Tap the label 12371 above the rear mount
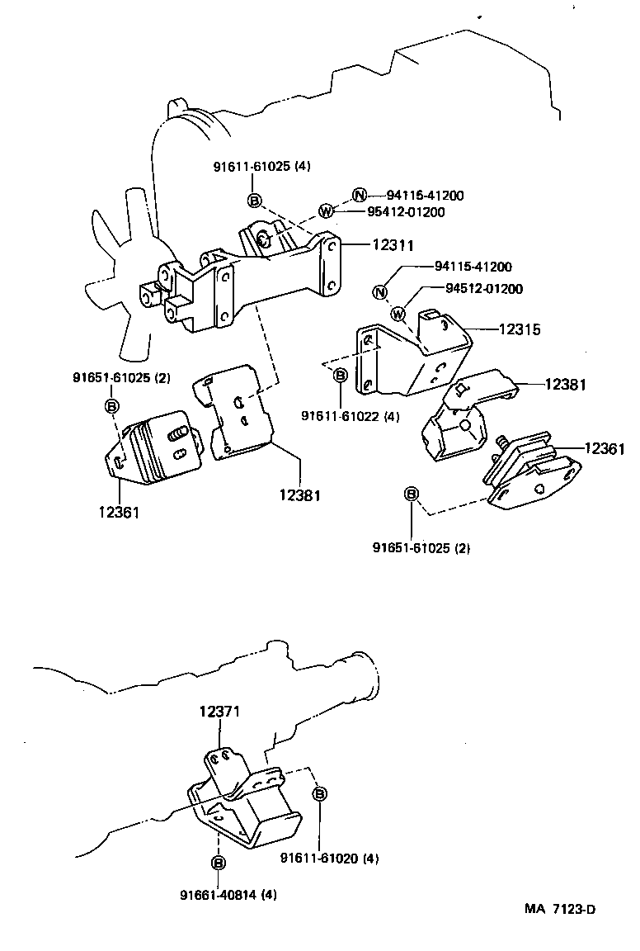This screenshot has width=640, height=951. (220, 711)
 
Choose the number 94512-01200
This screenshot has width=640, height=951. (483, 289)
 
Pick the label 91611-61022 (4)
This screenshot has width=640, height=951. (350, 416)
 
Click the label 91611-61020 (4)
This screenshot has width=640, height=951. (329, 859)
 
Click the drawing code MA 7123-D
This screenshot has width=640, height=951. (560, 910)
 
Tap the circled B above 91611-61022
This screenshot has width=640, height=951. (340, 376)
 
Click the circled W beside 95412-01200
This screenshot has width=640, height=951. (326, 212)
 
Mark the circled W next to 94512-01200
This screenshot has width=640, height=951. (398, 313)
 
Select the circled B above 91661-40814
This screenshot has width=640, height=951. (218, 863)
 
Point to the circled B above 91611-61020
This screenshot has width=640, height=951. (320, 793)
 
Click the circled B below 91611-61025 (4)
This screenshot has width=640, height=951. (255, 200)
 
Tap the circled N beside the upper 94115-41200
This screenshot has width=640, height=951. (359, 196)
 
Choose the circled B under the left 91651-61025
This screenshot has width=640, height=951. (111, 405)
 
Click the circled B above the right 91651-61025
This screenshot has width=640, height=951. (412, 494)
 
